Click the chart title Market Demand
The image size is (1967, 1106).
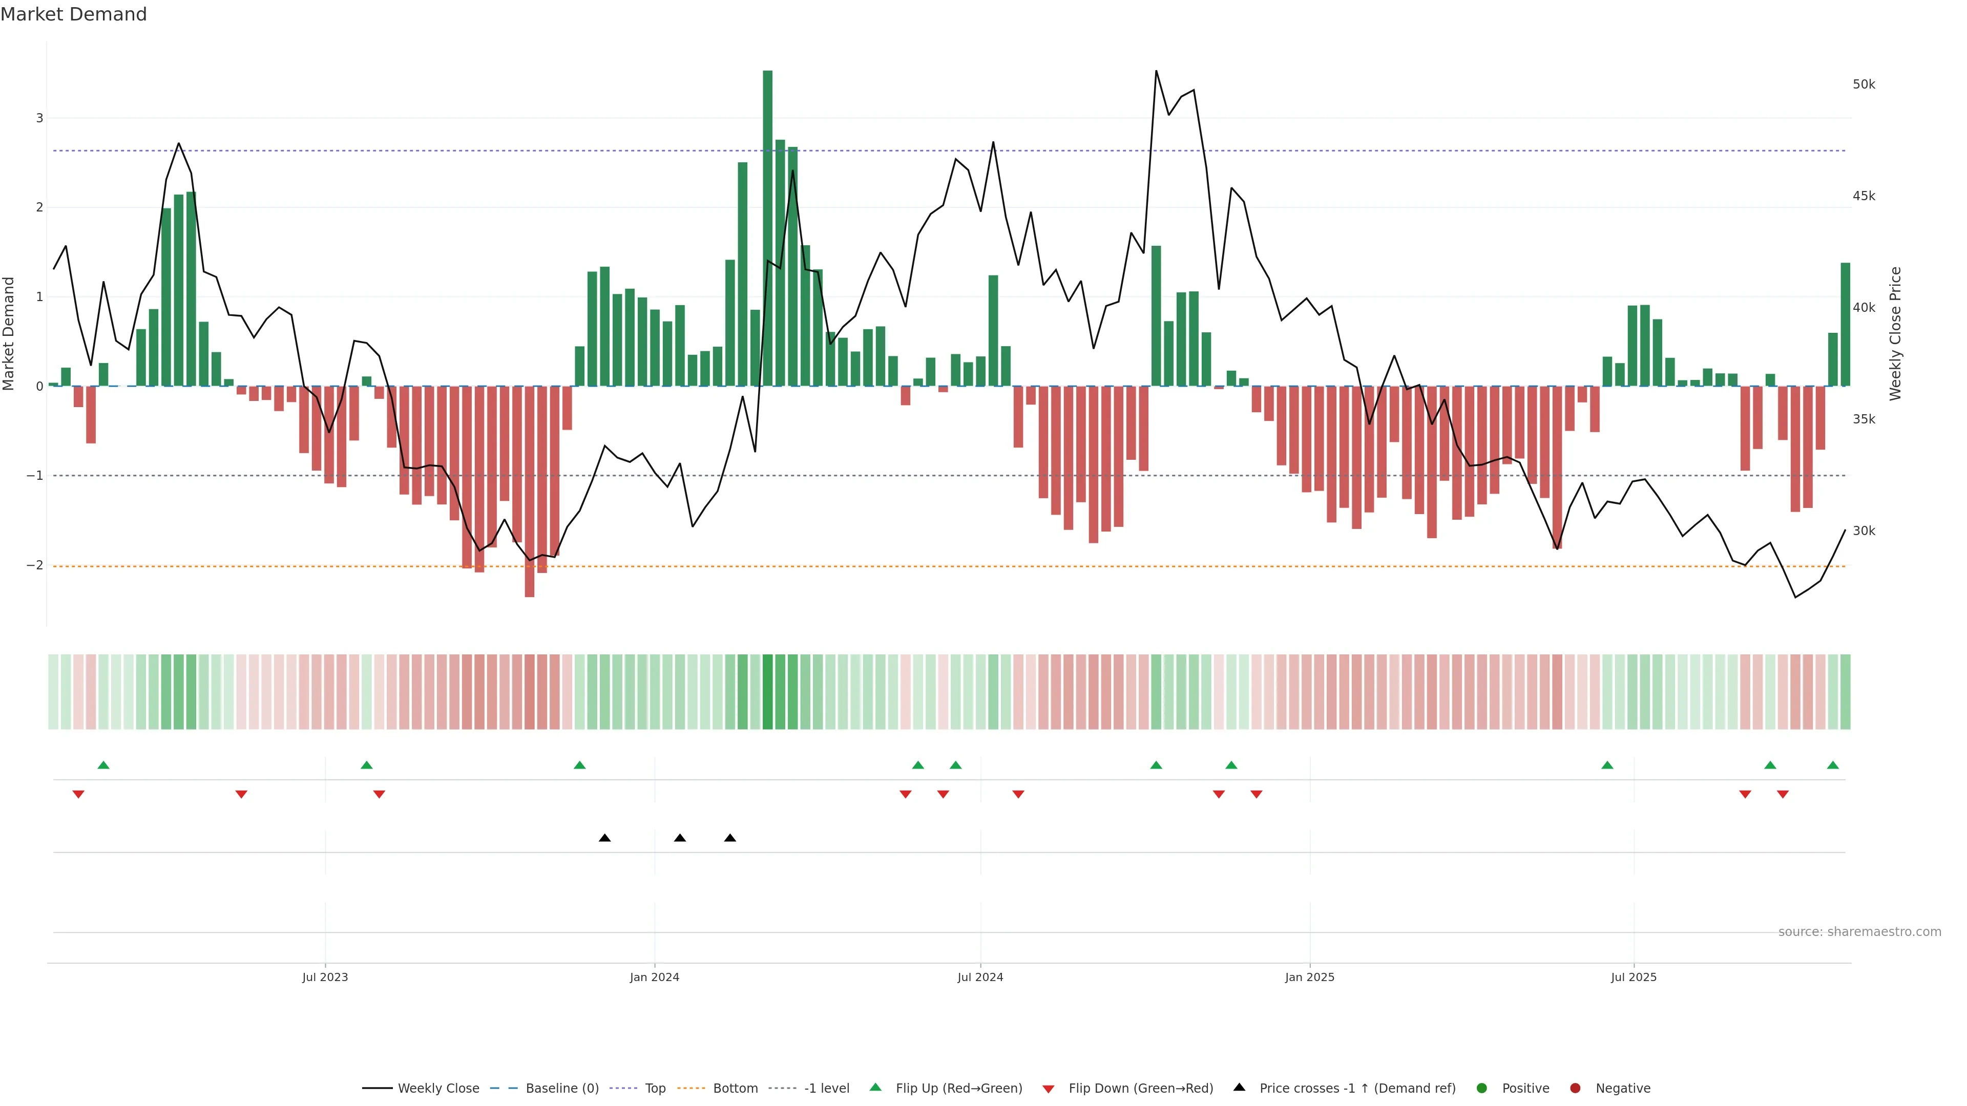pyautogui.click(x=73, y=14)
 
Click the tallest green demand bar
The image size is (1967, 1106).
pyautogui.click(x=767, y=229)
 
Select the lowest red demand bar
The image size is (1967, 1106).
pyautogui.click(x=529, y=492)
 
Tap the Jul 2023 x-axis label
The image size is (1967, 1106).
pyautogui.click(x=325, y=977)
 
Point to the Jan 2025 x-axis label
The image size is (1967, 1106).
pyautogui.click(x=1310, y=977)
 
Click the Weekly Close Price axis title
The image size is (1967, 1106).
pyautogui.click(x=1895, y=333)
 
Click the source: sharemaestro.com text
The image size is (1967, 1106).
pyautogui.click(x=1859, y=932)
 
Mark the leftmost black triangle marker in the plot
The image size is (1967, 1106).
pyautogui.click(x=605, y=838)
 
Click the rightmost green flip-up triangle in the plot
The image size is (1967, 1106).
pyautogui.click(x=1833, y=765)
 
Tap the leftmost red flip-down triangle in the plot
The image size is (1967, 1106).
pyautogui.click(x=78, y=795)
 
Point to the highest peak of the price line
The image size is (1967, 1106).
pyautogui.click(x=1156, y=71)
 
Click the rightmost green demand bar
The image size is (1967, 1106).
pyautogui.click(x=1845, y=325)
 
